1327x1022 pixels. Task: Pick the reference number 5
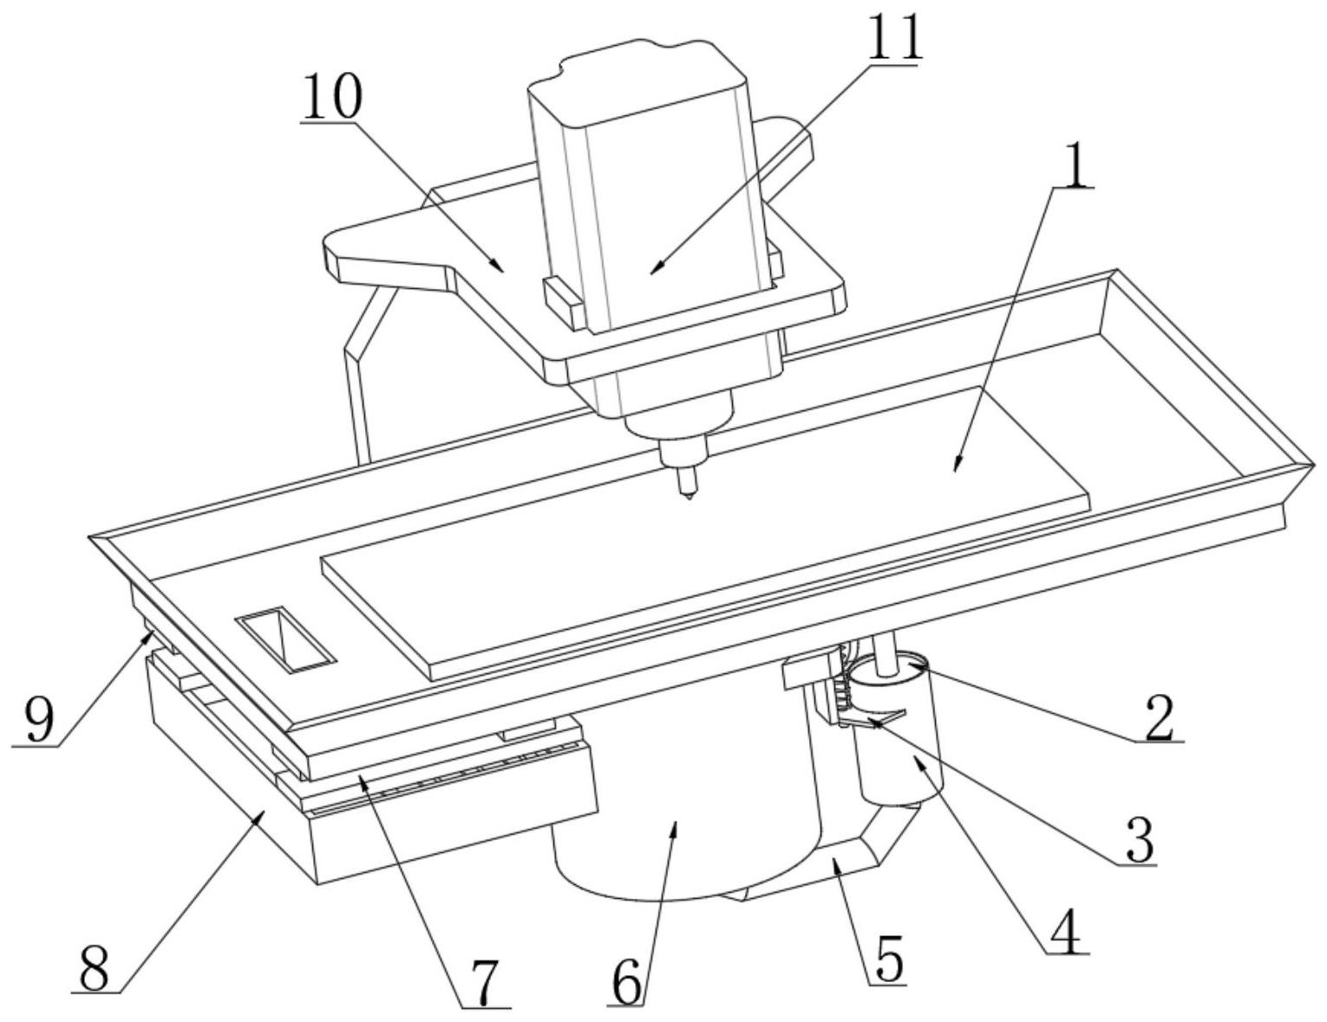point(886,957)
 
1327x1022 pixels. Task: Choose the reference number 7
point(484,982)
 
